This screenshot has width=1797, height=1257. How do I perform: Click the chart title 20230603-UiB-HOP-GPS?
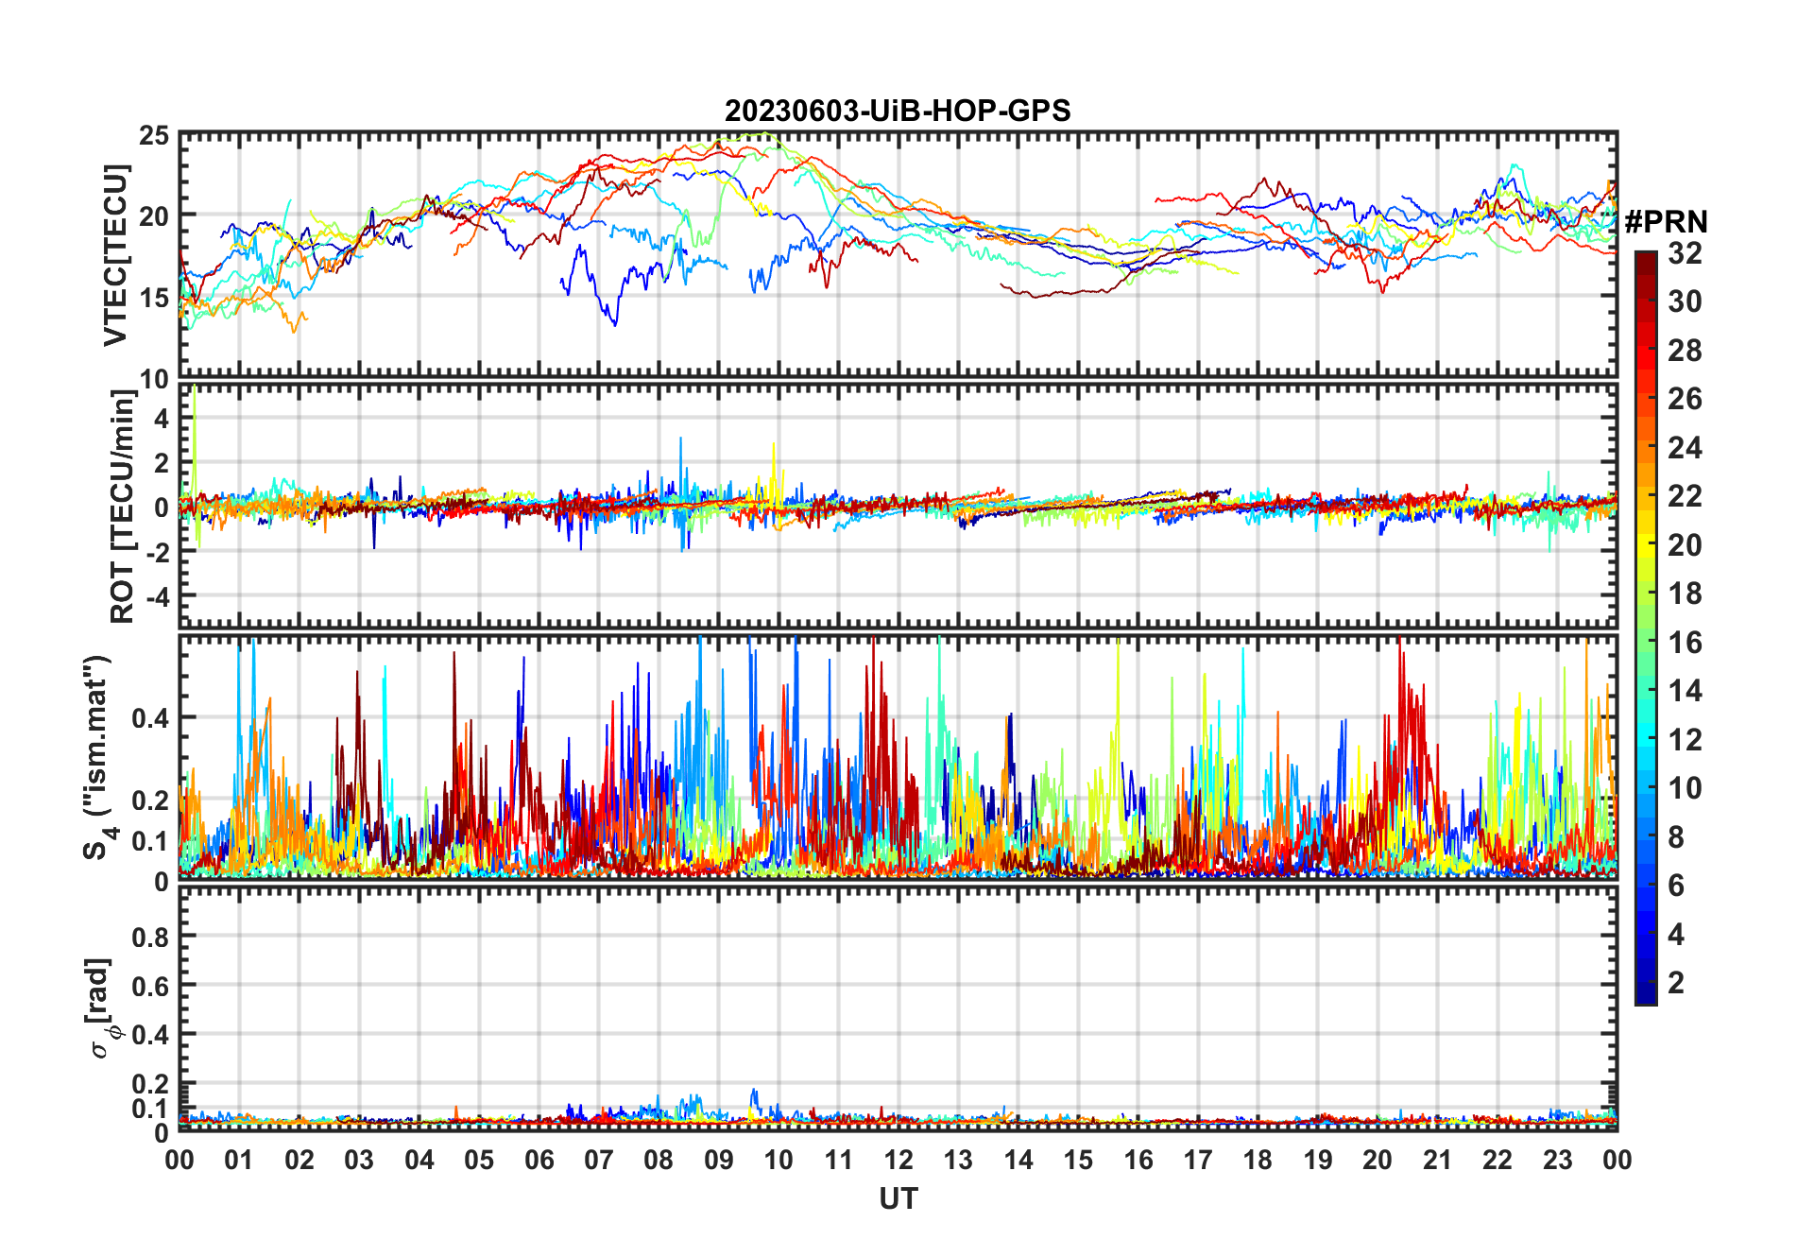click(898, 112)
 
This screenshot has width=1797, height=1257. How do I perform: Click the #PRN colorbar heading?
click(1666, 222)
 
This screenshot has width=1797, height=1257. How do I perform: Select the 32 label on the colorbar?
click(1685, 253)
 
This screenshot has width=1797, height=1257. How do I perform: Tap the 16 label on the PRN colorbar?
click(1685, 643)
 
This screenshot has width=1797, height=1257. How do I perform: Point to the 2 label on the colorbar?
click(1676, 983)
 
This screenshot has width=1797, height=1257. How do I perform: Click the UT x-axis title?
click(898, 1199)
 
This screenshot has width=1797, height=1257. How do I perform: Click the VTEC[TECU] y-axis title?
click(115, 255)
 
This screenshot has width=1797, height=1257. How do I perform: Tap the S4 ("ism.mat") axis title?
click(98, 758)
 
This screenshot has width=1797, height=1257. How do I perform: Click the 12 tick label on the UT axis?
click(898, 1160)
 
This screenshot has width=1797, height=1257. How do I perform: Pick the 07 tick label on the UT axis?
click(599, 1160)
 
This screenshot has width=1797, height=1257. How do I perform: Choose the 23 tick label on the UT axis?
click(1557, 1160)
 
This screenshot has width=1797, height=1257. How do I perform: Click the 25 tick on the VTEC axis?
click(154, 136)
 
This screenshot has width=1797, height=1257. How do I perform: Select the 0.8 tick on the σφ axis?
click(150, 937)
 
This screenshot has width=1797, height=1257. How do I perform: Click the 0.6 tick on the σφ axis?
click(150, 986)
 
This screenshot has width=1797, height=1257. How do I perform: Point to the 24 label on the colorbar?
click(1685, 448)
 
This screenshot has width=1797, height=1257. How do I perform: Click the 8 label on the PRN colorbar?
click(1676, 837)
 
